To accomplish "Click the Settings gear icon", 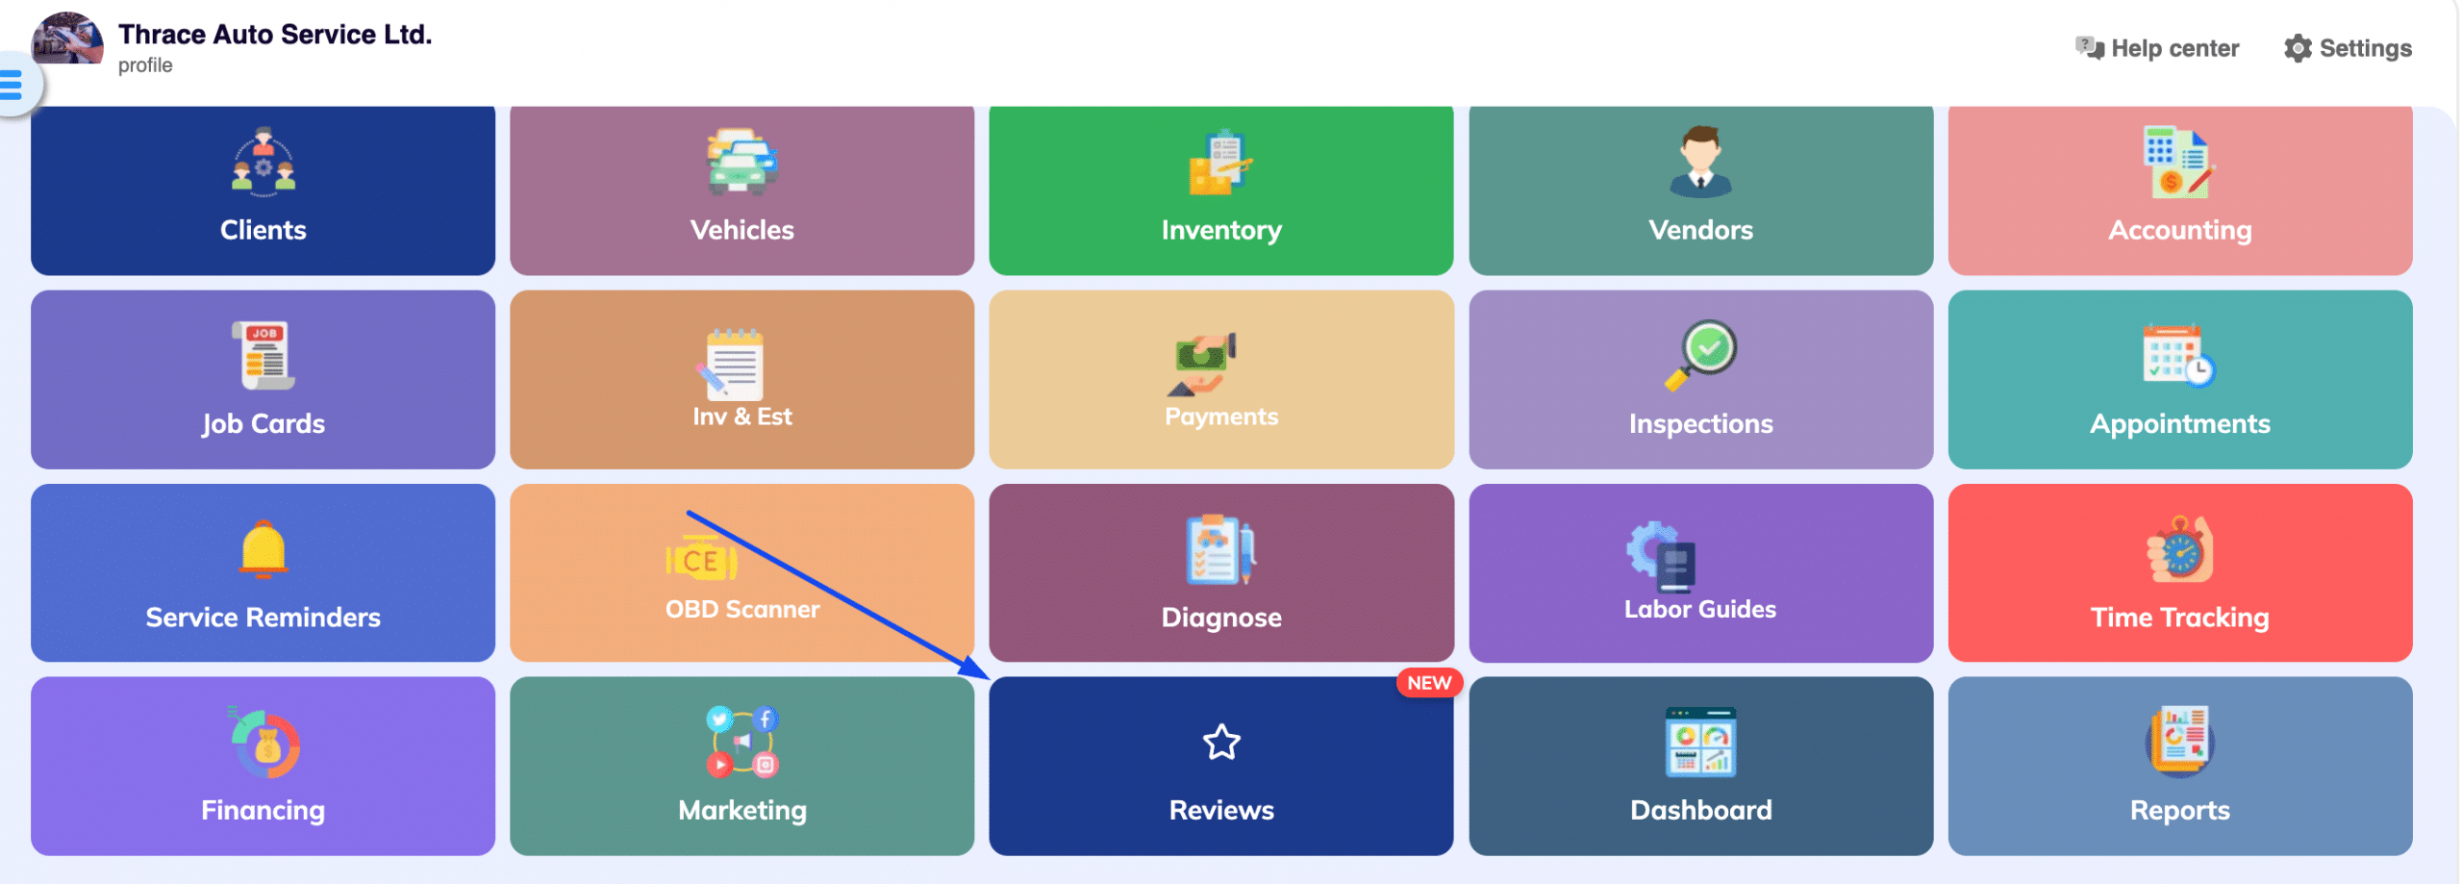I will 2297,49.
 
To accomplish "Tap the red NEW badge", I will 1428,683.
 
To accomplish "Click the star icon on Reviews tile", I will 1220,743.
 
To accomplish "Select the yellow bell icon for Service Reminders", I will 263,549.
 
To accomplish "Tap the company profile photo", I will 67,38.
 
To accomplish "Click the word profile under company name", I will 145,65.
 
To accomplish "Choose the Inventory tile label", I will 1220,231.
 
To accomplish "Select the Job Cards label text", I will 263,424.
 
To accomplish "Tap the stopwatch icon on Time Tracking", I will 2179,550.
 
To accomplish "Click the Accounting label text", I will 2179,231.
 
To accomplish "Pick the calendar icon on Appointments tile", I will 2177,357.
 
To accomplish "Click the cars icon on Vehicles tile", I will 741,161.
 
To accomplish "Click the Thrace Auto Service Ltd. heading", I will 275,35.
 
